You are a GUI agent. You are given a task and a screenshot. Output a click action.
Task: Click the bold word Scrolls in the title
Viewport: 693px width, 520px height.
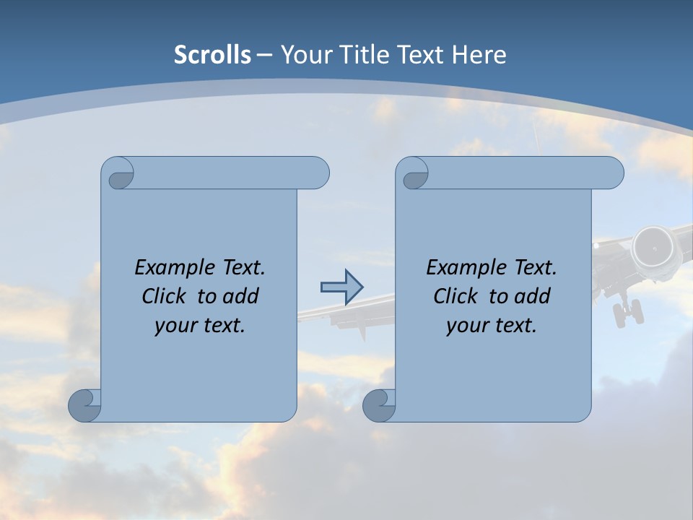click(213, 55)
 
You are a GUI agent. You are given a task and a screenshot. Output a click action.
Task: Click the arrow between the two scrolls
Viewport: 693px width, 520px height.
click(341, 287)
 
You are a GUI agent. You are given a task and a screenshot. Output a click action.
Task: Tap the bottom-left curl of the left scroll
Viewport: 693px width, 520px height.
click(85, 406)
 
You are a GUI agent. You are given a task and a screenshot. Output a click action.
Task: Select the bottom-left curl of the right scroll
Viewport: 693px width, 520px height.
click(380, 406)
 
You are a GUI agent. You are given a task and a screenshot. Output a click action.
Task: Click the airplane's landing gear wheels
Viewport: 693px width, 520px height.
click(627, 314)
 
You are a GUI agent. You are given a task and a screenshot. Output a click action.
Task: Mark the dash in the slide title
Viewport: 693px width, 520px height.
click(264, 55)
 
